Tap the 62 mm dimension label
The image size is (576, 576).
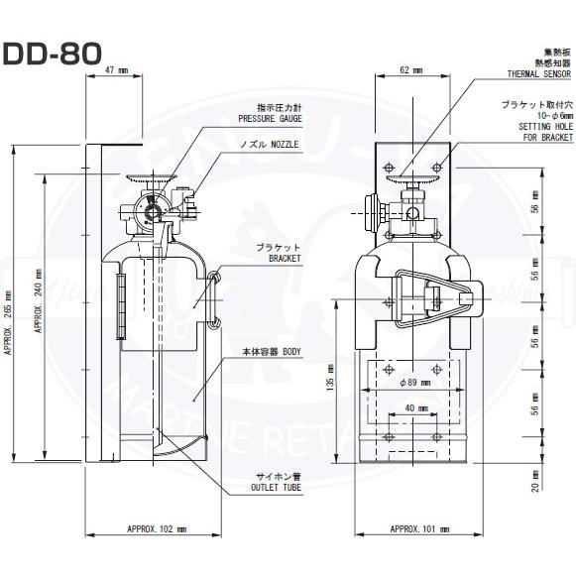tap(410, 71)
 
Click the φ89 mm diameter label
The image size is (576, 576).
tap(414, 382)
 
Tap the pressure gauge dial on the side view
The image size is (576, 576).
tap(150, 211)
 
